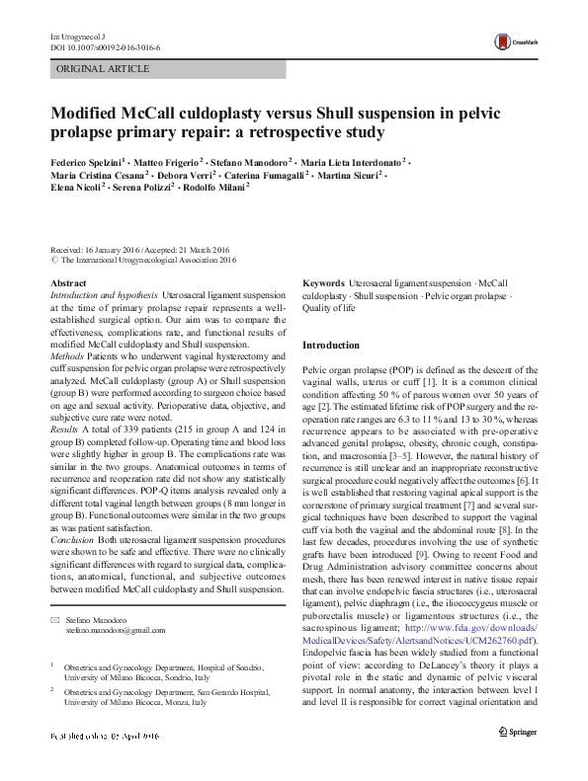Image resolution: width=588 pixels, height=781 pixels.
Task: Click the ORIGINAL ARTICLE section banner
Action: (104, 69)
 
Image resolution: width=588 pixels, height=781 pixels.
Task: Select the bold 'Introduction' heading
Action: (331, 346)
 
